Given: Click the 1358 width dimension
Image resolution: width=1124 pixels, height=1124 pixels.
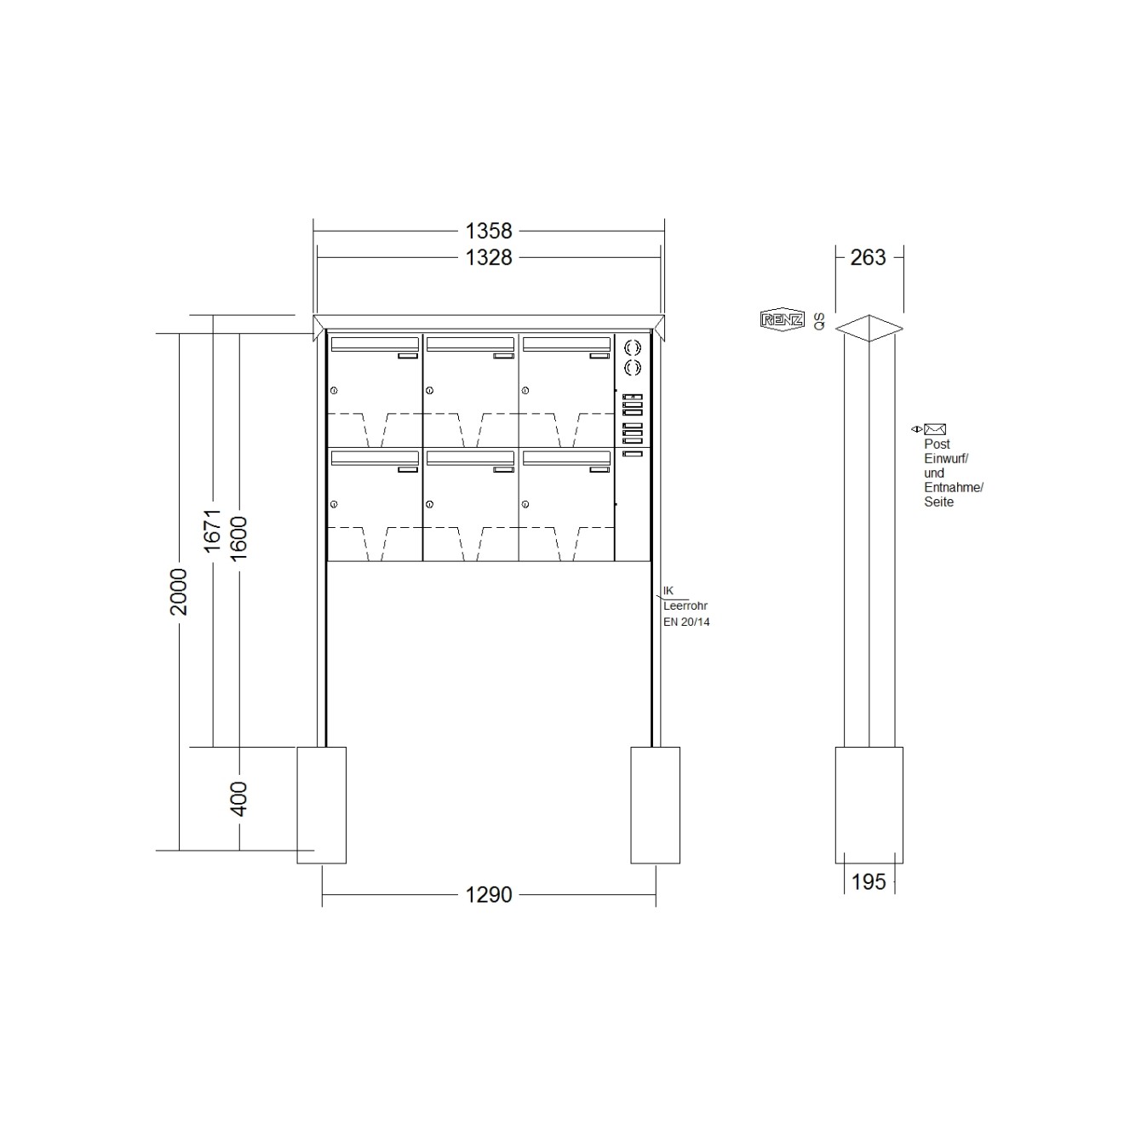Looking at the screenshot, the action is [x=488, y=231].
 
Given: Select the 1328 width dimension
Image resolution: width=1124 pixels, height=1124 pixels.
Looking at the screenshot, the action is [x=488, y=257].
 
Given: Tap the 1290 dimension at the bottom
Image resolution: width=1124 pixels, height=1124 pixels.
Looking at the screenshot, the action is [x=488, y=894].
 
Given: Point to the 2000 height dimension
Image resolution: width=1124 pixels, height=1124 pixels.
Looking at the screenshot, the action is [x=179, y=592].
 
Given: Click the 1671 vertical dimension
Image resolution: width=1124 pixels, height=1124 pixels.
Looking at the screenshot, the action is [x=212, y=530].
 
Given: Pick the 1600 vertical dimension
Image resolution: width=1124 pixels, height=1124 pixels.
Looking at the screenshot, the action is [x=238, y=538].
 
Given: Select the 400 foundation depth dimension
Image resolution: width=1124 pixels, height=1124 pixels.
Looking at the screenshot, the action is [x=238, y=799].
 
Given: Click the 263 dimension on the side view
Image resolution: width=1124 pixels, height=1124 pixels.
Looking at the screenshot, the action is [x=868, y=257].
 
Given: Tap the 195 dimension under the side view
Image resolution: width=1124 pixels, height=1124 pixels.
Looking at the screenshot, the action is [x=869, y=881].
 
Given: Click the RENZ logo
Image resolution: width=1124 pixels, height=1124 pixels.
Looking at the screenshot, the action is [x=783, y=319].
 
